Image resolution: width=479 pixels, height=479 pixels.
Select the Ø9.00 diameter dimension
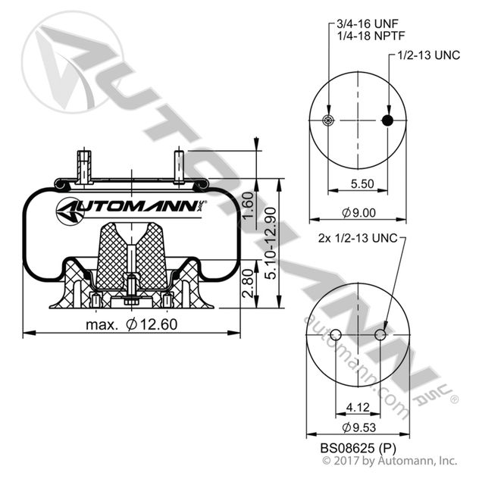point(357,213)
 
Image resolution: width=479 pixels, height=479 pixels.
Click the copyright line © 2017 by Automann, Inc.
point(390,459)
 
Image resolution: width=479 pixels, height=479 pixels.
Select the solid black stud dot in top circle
point(388,121)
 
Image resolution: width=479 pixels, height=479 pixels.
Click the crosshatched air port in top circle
point(327,121)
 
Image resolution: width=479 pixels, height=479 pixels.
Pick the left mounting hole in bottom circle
point(334,334)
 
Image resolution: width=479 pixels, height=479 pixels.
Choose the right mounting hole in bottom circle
point(380,334)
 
